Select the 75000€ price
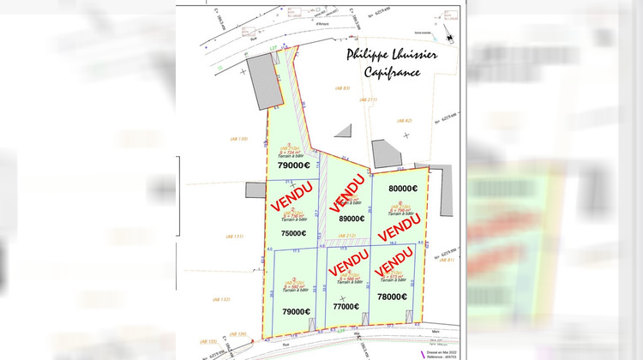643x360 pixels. (293, 232)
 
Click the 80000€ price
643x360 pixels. (402, 189)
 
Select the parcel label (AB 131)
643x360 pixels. (234, 237)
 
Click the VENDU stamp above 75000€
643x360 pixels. (292, 196)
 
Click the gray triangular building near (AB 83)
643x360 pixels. (342, 130)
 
